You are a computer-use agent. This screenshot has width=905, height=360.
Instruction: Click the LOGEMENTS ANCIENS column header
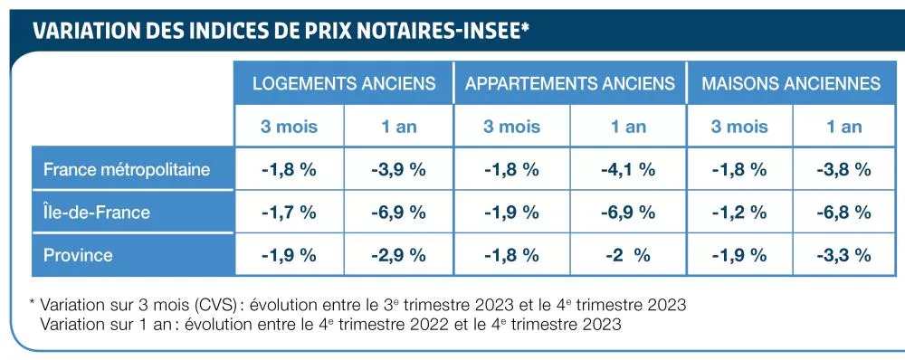pyautogui.click(x=344, y=83)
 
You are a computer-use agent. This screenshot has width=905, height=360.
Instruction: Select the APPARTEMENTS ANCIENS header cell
pyautogui.click(x=570, y=83)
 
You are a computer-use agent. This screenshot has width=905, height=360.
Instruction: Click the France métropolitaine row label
pyautogui.click(x=127, y=169)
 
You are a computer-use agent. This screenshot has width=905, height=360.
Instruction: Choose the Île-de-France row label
pyautogui.click(x=97, y=213)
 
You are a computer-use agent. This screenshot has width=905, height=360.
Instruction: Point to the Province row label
pyautogui.click(x=78, y=255)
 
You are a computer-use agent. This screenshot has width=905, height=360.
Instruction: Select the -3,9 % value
pyautogui.click(x=398, y=169)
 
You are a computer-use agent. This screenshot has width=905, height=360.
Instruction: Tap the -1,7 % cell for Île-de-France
pyautogui.click(x=289, y=213)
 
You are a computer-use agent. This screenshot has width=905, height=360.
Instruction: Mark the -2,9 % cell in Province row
pyautogui.click(x=398, y=255)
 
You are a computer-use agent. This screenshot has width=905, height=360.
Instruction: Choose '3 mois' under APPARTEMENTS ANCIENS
pyautogui.click(x=511, y=127)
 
